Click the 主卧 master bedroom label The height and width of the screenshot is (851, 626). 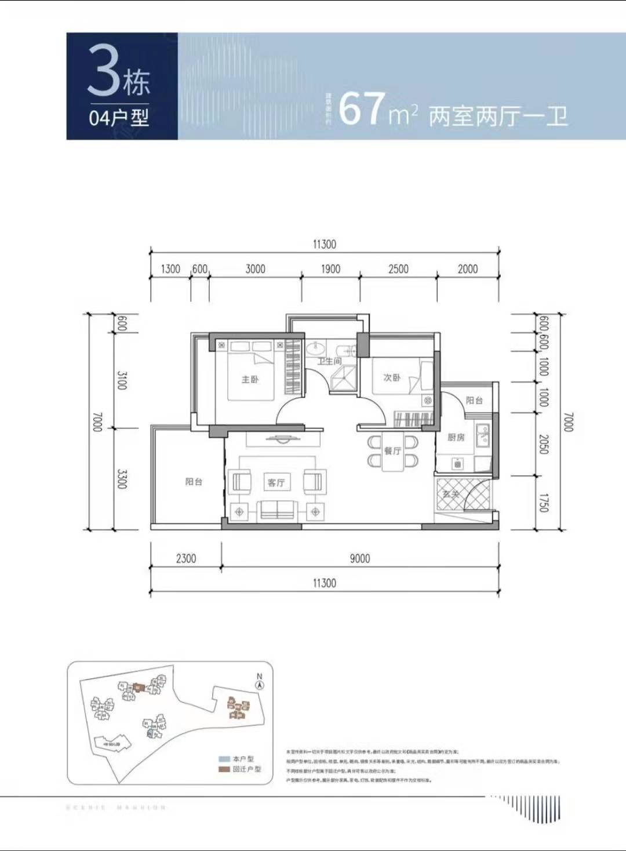(x=250, y=380)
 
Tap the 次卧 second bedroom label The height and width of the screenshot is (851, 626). (x=392, y=377)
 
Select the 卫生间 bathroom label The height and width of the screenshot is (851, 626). (x=329, y=361)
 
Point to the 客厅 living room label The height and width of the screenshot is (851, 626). (x=276, y=482)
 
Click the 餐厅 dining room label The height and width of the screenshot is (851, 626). (x=392, y=450)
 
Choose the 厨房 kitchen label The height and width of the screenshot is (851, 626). (x=456, y=437)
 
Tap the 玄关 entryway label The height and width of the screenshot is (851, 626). (x=451, y=494)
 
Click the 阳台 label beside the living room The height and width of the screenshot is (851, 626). (x=194, y=482)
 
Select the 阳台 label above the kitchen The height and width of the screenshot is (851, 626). (x=474, y=401)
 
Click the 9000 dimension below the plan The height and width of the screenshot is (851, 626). (x=359, y=558)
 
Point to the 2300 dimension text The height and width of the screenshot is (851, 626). (x=185, y=558)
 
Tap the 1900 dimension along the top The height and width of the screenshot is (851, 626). (x=330, y=269)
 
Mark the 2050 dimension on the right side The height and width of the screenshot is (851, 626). (x=543, y=444)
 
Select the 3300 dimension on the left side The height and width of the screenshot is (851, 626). (x=122, y=479)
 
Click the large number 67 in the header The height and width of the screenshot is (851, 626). (x=362, y=109)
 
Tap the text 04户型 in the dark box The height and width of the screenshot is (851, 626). (x=119, y=118)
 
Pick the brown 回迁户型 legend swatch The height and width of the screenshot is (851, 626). (x=224, y=769)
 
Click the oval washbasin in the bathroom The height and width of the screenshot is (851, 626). (x=316, y=349)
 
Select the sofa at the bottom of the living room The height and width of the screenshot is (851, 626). (x=276, y=511)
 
